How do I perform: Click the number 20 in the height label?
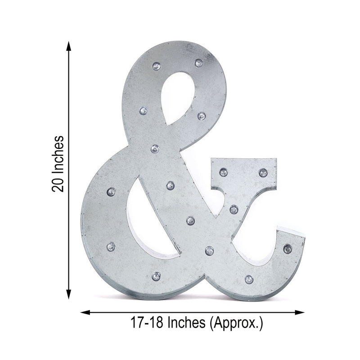click(x=58, y=182)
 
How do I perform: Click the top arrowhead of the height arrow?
click(x=68, y=45)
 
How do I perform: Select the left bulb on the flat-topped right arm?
click(x=224, y=171)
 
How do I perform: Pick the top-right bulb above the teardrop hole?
click(x=198, y=62)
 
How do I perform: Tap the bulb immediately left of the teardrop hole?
click(x=143, y=110)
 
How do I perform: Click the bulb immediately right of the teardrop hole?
click(x=201, y=116)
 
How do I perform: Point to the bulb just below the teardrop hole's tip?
click(x=155, y=148)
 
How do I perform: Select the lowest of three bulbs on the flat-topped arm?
click(x=234, y=209)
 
